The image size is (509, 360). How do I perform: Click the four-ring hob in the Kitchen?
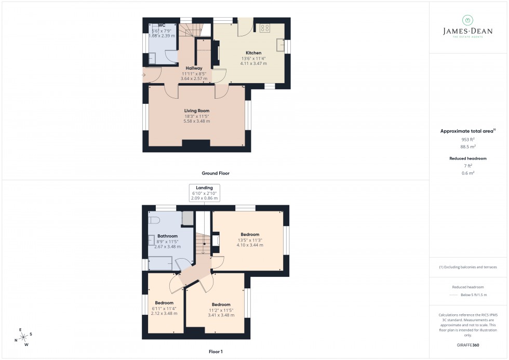[x=265, y=28]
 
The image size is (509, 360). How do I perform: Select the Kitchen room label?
[x=253, y=53]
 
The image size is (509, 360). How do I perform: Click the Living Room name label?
[x=197, y=111]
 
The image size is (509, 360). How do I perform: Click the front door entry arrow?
[x=143, y=75]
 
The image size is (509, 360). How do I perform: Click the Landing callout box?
[x=205, y=193]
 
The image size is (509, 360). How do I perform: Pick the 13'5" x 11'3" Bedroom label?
[x=250, y=234]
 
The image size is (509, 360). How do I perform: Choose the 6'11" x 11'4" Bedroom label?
[x=164, y=303]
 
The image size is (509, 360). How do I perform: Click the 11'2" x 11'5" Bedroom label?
[x=221, y=305]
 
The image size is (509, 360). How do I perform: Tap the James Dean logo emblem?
[x=467, y=20]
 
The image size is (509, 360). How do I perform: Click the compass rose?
[x=23, y=337]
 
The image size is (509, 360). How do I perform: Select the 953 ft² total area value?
[x=468, y=140]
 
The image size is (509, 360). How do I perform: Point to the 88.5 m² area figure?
[x=468, y=146]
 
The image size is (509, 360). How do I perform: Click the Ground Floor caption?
[x=216, y=173]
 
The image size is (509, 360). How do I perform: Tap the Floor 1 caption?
[x=216, y=352]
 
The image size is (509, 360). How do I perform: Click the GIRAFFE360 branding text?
[x=468, y=344]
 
